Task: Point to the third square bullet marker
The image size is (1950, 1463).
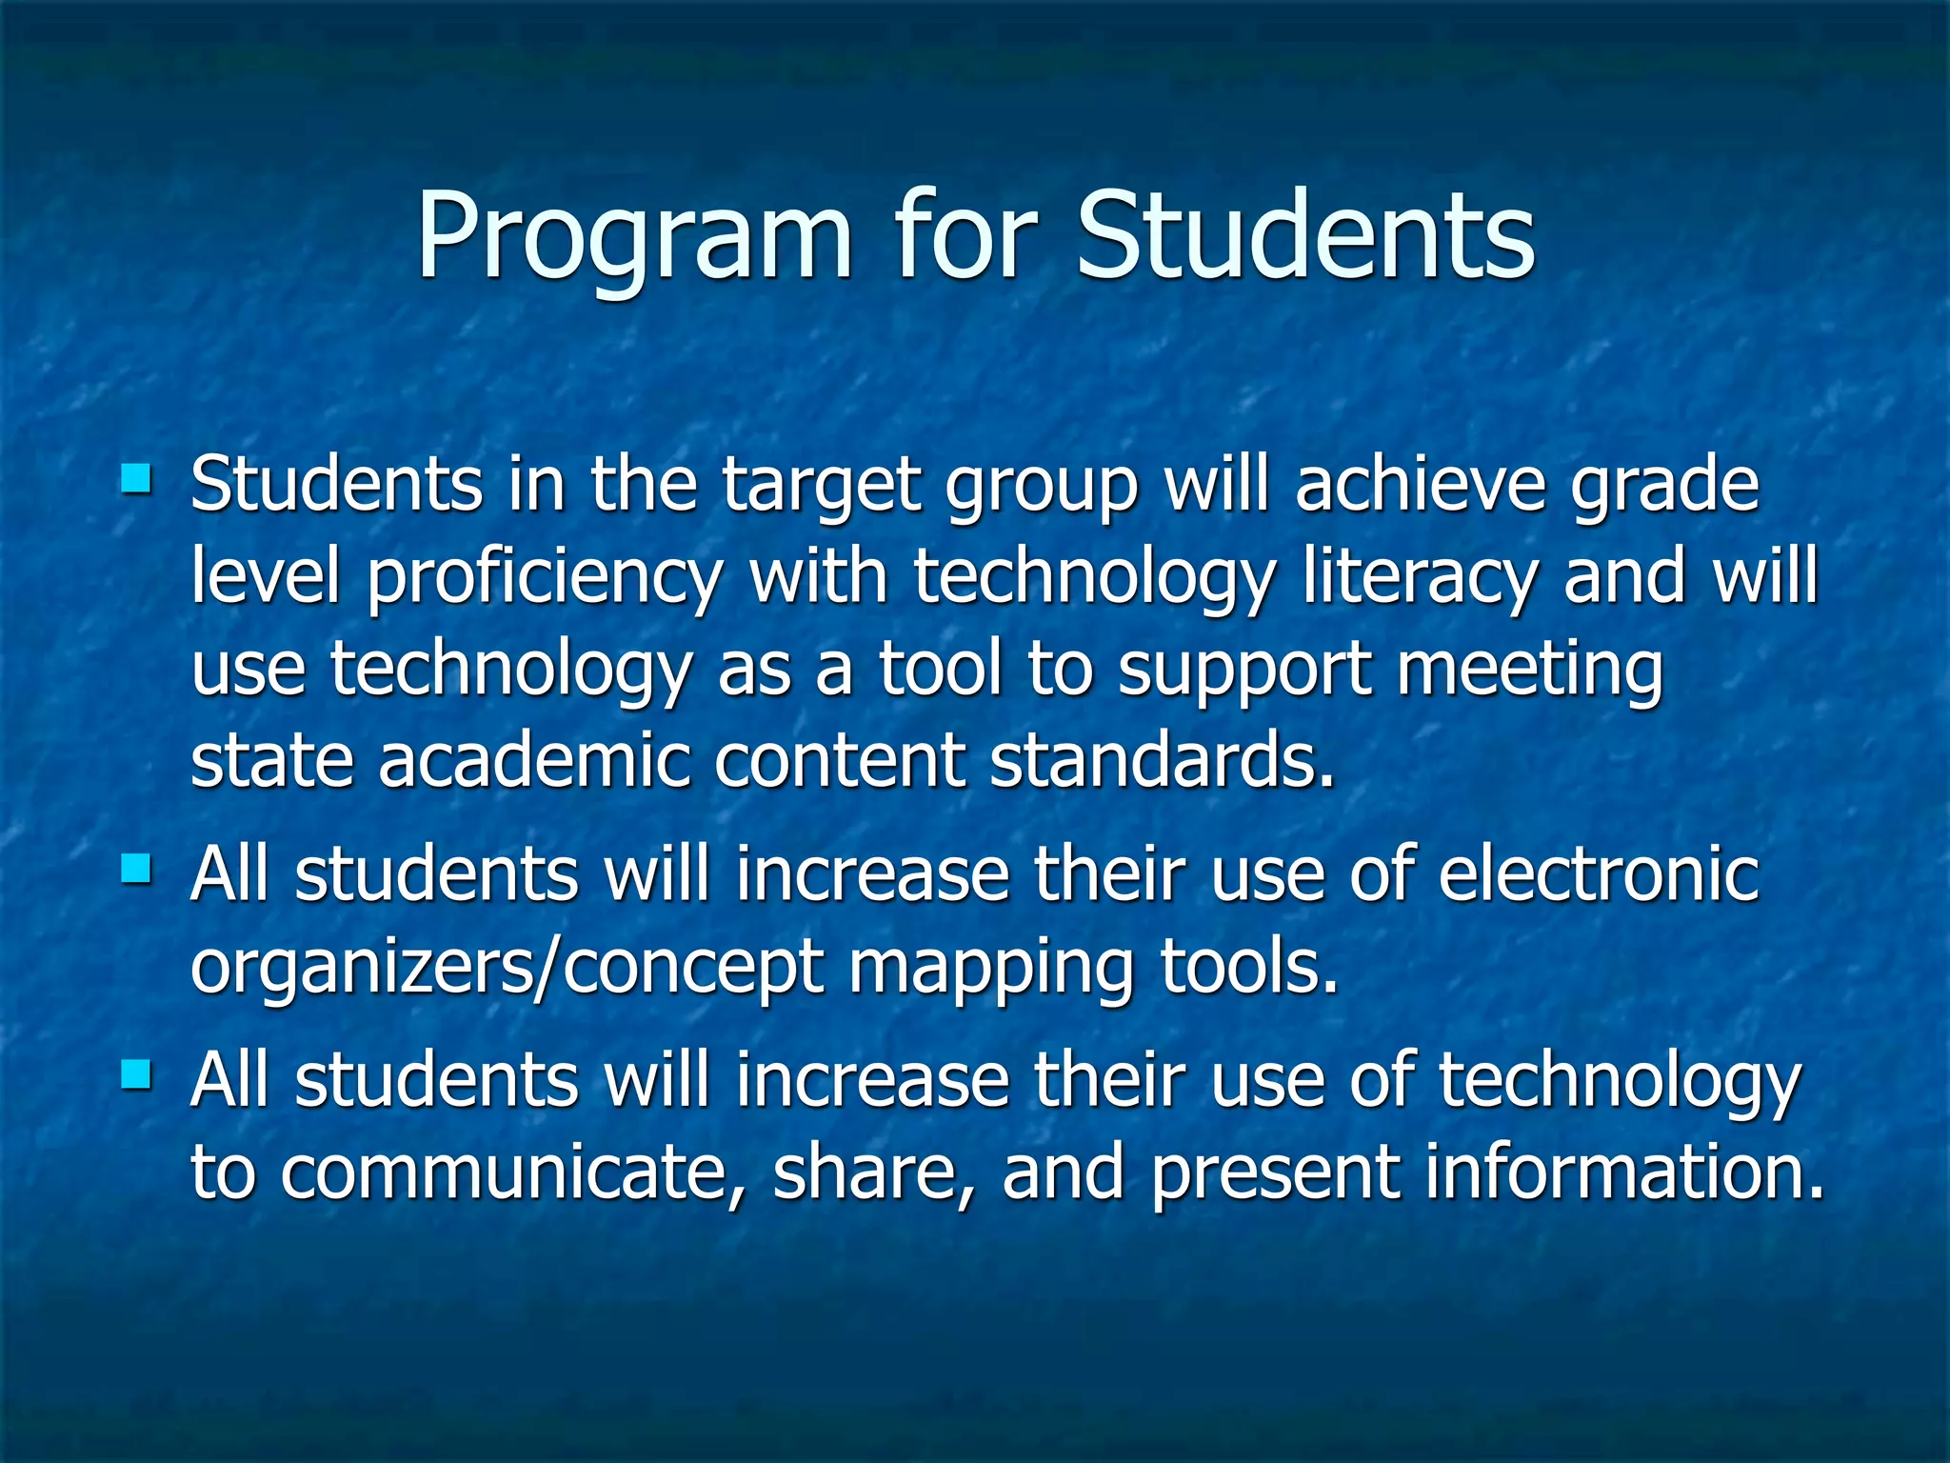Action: pos(136,1074)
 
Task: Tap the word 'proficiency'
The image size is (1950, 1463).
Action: pos(545,577)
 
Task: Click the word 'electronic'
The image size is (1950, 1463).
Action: pos(1599,874)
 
